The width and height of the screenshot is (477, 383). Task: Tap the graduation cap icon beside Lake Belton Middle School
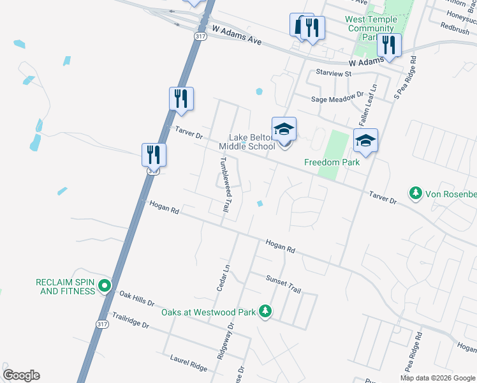[x=284, y=130]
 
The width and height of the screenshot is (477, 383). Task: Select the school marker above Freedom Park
[x=365, y=141]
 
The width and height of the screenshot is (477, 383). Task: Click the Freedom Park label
[x=332, y=162]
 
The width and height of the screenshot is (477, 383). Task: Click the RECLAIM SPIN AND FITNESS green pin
[x=106, y=287]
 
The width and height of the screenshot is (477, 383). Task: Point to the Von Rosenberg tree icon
[x=416, y=193]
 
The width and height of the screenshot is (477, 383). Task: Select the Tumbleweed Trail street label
[x=224, y=184]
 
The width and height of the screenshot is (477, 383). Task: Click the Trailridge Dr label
[x=130, y=320]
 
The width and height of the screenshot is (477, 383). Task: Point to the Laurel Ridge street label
[x=189, y=364]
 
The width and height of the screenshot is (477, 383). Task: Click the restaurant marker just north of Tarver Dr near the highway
[x=181, y=99]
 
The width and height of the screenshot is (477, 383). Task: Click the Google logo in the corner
[x=21, y=375]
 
